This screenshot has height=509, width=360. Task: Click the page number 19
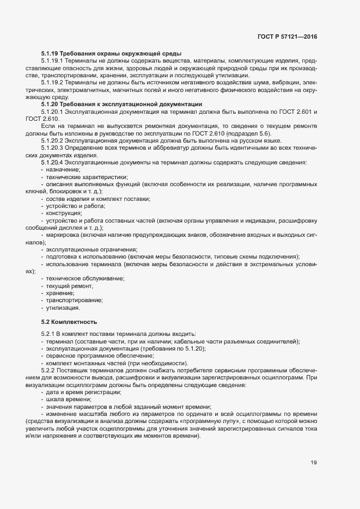click(x=314, y=463)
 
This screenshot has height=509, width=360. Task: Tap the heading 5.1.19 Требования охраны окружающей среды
click(x=111, y=53)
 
